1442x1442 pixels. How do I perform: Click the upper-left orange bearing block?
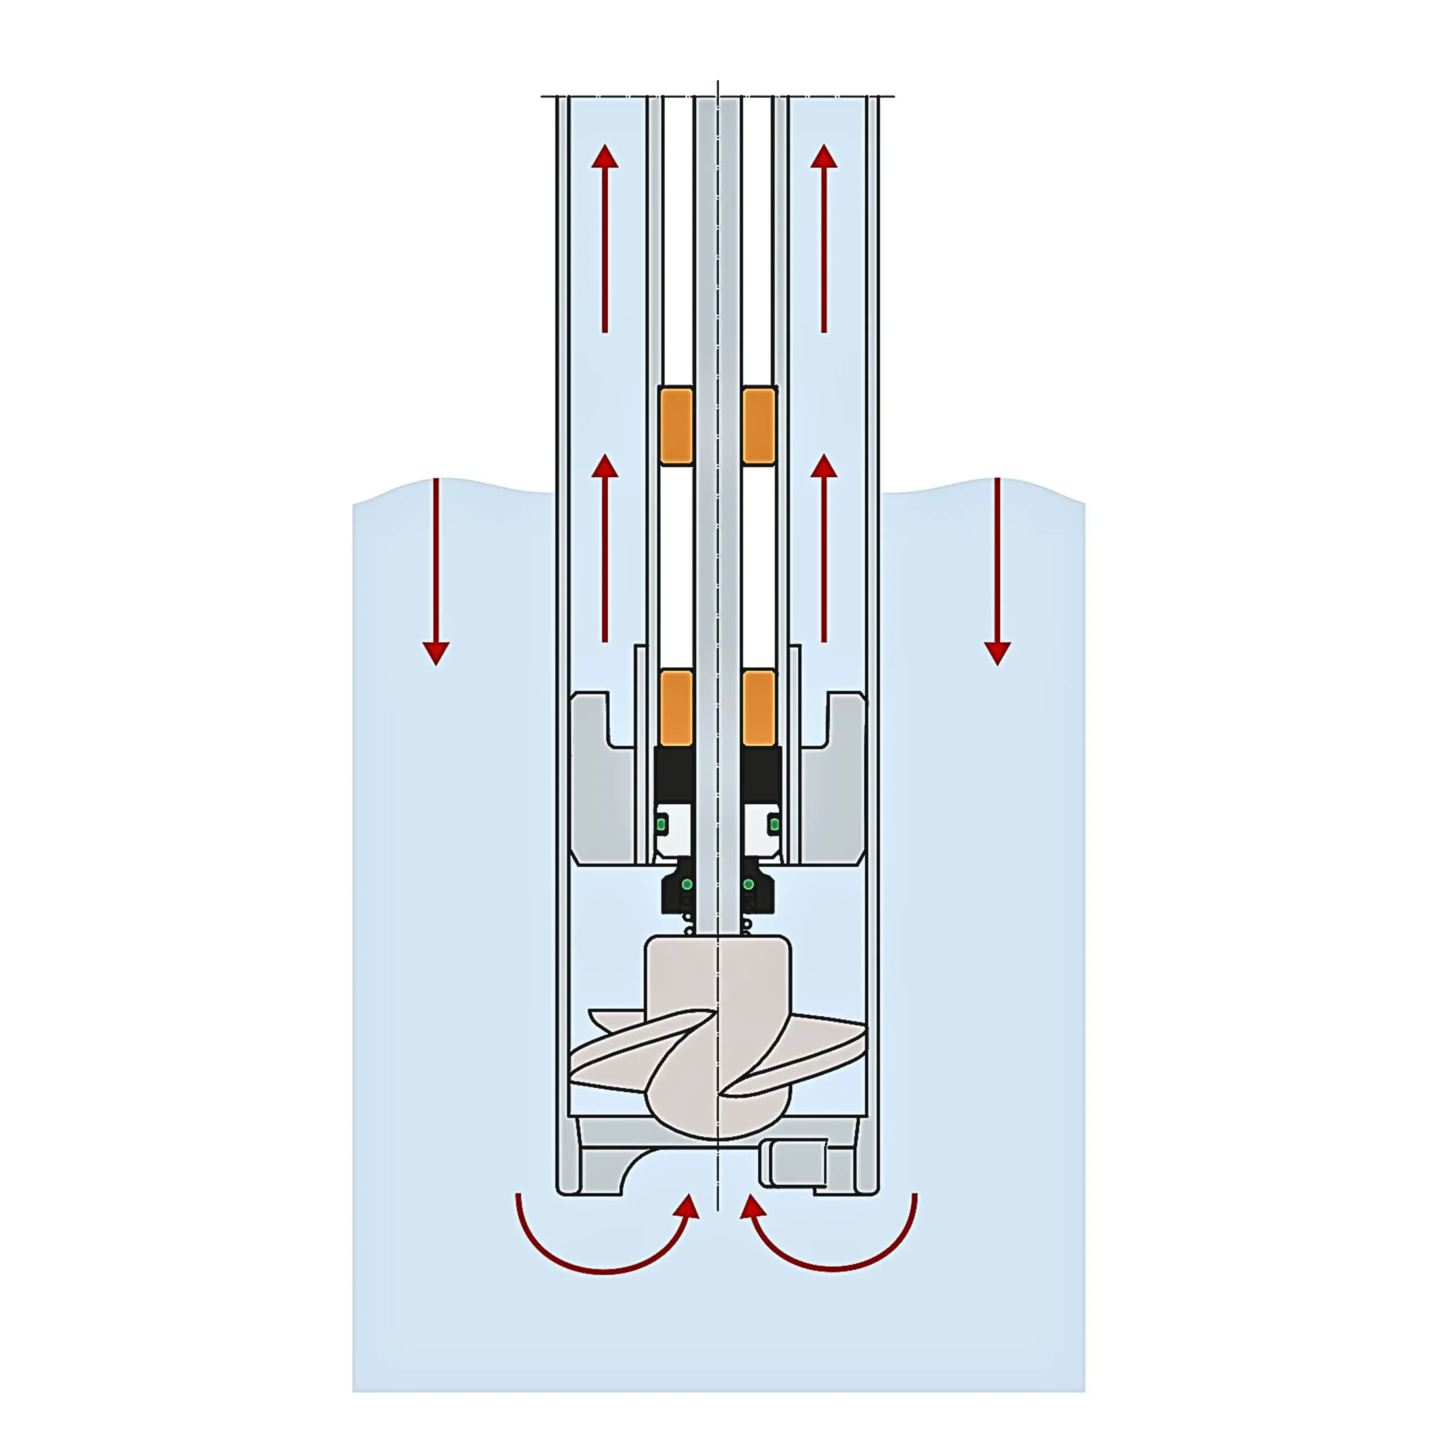tap(676, 425)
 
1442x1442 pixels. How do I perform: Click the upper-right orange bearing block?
tap(758, 425)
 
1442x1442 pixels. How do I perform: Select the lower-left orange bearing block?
tap(676, 708)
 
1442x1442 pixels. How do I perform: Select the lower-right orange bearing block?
tap(758, 708)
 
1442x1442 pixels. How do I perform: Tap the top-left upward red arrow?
tap(604, 239)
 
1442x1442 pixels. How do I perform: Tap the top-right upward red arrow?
tap(824, 239)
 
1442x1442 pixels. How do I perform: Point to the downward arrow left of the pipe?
tap(436, 571)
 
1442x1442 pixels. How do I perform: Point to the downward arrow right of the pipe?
tap(997, 571)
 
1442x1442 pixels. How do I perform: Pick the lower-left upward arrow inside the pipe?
tap(604, 549)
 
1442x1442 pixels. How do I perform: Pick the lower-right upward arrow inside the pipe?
tap(824, 549)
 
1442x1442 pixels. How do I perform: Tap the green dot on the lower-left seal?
tap(687, 884)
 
